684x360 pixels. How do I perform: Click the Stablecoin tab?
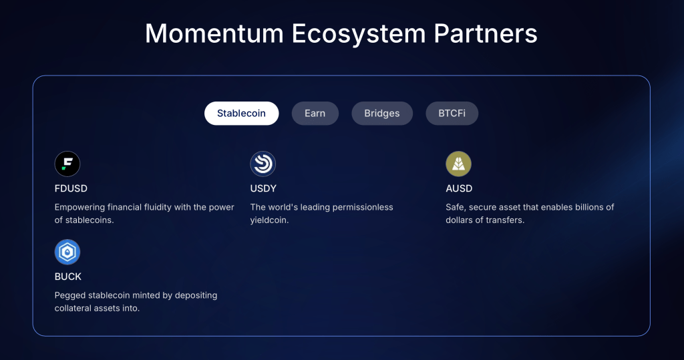(241, 114)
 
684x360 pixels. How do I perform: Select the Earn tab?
(315, 114)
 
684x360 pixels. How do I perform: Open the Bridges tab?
(382, 114)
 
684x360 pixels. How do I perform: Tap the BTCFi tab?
(452, 114)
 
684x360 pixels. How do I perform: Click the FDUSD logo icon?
(67, 164)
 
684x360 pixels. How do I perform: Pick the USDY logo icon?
(263, 164)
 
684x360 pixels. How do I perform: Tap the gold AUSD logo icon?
(458, 164)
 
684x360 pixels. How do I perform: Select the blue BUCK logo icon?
(67, 252)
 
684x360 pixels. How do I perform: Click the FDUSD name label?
(71, 188)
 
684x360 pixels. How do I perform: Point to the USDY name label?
(263, 188)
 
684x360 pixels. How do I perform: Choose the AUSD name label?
(459, 188)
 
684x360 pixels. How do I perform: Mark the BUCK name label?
(68, 277)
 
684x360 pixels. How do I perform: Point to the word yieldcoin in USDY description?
(269, 220)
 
